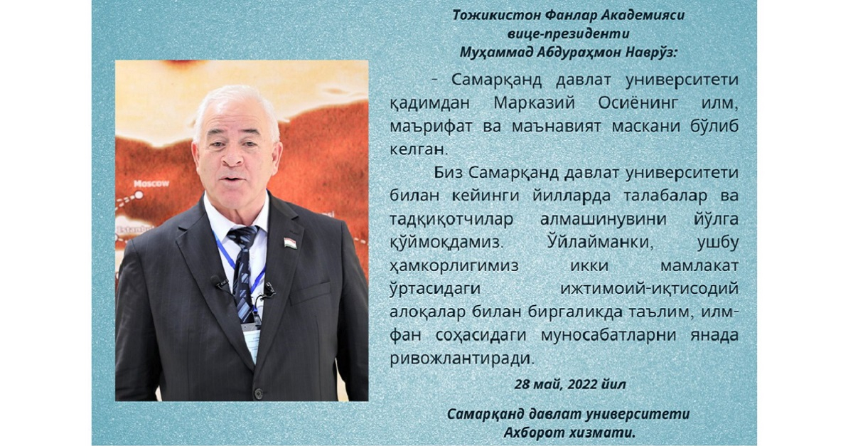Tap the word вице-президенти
[568, 33]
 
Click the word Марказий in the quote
[535, 103]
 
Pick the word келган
[417, 149]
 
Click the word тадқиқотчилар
[451, 219]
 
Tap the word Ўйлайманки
[600, 242]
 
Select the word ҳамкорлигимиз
[454, 265]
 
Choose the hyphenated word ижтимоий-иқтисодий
[650, 289]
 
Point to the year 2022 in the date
[583, 384]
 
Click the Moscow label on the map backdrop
[151, 184]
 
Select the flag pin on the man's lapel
[290, 243]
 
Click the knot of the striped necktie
[242, 236]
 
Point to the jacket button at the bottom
[259, 393]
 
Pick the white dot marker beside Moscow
[139, 195]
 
